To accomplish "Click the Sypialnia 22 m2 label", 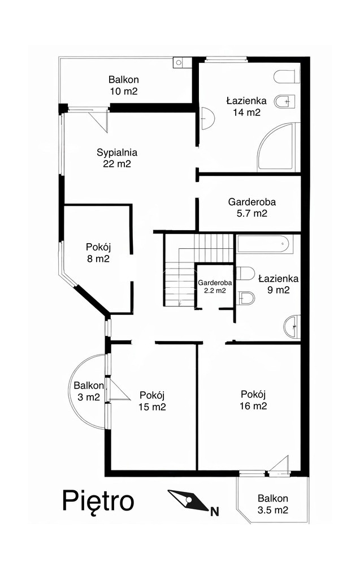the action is click(117, 158).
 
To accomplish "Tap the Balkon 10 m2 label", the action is click(123, 85).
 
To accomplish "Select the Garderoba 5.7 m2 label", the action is click(252, 208).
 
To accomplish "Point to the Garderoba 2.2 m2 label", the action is click(215, 286).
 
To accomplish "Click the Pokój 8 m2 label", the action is click(98, 253).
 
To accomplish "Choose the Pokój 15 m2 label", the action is click(152, 401).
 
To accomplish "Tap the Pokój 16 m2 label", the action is click(253, 400).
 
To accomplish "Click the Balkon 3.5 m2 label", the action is click(273, 504).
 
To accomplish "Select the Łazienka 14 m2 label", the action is click(246, 106).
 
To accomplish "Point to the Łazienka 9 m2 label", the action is click(279, 284).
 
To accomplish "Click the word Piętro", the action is click(98, 502).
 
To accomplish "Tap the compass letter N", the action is click(215, 512).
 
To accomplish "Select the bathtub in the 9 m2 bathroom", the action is click(265, 244).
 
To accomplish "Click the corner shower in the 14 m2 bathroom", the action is click(276, 148).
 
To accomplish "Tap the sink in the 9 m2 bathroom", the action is click(292, 326).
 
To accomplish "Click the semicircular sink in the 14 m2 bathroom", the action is click(207, 118).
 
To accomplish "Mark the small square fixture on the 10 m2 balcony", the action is click(179, 63).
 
